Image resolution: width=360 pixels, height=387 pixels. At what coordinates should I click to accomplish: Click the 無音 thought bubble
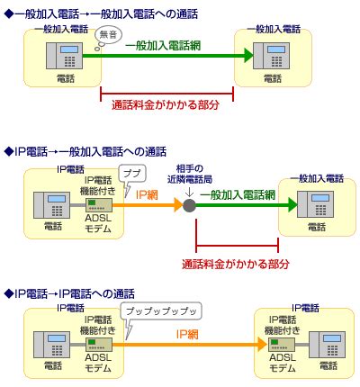pos(108,36)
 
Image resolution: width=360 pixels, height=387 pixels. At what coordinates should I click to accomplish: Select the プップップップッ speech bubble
pos(161,312)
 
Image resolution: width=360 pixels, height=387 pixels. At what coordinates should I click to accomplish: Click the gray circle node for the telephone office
pos(189,205)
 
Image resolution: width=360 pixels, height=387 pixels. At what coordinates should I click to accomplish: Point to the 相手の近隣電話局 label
pos(190,174)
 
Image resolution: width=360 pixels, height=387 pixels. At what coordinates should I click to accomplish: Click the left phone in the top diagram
pos(64,56)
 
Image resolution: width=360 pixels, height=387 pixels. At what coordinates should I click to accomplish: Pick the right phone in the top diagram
pos(271,56)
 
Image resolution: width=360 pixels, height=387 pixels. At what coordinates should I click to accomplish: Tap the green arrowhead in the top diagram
pos(248,56)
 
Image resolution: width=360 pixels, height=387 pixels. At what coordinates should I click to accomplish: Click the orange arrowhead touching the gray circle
pos(179,205)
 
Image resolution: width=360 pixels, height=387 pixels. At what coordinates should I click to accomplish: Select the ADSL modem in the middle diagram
pos(99,205)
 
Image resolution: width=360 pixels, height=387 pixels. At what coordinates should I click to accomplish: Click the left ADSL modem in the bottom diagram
pos(99,345)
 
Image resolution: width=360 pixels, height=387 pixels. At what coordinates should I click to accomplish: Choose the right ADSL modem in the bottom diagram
pos(281,345)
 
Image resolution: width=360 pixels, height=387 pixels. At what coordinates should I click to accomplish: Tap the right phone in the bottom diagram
pos(328,345)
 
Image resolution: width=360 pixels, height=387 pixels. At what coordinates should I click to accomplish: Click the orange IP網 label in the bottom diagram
pos(187,334)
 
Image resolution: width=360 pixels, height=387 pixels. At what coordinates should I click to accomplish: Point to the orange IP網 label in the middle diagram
pos(147,195)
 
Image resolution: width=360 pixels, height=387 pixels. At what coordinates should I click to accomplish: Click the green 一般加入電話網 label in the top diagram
pos(163,46)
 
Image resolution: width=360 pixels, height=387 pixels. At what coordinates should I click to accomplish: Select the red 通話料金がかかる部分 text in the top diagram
pos(166,104)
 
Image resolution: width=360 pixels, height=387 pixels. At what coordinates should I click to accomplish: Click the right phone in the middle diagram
pos(315,204)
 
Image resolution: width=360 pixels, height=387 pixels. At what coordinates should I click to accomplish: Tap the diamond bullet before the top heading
pos(9,14)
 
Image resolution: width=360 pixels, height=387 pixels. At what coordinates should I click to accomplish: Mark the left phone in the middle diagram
pos(51,205)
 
